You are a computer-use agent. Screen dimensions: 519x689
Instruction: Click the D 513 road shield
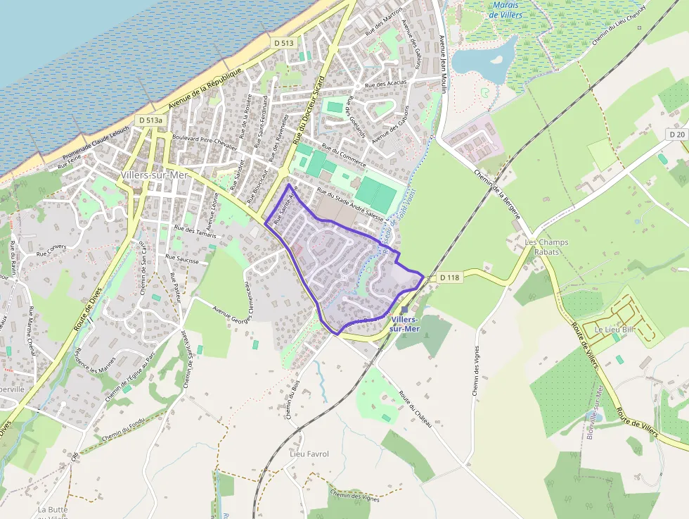coord(284,43)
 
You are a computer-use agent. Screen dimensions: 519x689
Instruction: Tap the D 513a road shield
coord(150,120)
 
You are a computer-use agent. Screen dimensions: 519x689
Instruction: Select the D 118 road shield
coord(449,277)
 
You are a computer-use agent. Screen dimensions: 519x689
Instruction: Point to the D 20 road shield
coord(677,134)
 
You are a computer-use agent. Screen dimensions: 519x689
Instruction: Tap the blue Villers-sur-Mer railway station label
coord(404,323)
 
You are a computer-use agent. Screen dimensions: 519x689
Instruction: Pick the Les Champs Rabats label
coord(547,246)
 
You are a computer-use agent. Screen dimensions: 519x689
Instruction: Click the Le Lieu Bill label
coord(614,329)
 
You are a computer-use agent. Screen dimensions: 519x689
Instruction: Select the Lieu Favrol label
coord(309,454)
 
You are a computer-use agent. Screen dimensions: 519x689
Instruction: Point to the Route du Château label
coord(415,408)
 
